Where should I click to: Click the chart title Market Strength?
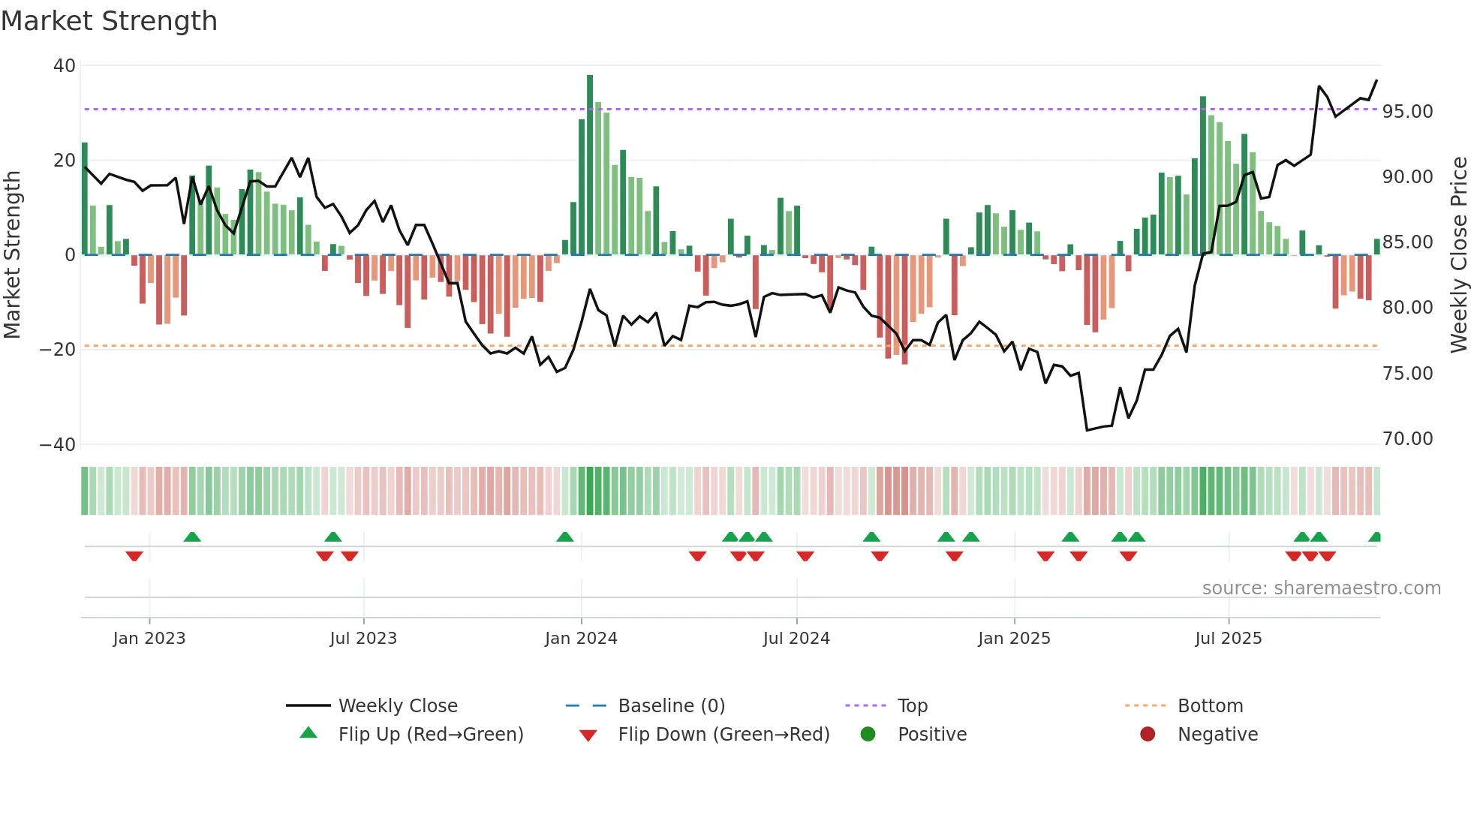pos(109,21)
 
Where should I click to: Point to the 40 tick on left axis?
pos(64,66)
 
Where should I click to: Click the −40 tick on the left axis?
pos(58,444)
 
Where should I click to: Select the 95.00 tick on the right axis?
pos(1407,112)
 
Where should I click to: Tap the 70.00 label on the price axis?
pos(1407,439)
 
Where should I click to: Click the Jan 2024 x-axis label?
pos(581,639)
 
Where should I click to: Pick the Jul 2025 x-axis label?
pos(1228,639)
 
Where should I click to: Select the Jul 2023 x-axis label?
pos(363,639)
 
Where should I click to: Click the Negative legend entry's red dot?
pos(1147,735)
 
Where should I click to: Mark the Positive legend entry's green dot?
pos(868,735)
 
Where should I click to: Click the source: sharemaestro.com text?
pos(1321,588)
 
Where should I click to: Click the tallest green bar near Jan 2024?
pos(590,165)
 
